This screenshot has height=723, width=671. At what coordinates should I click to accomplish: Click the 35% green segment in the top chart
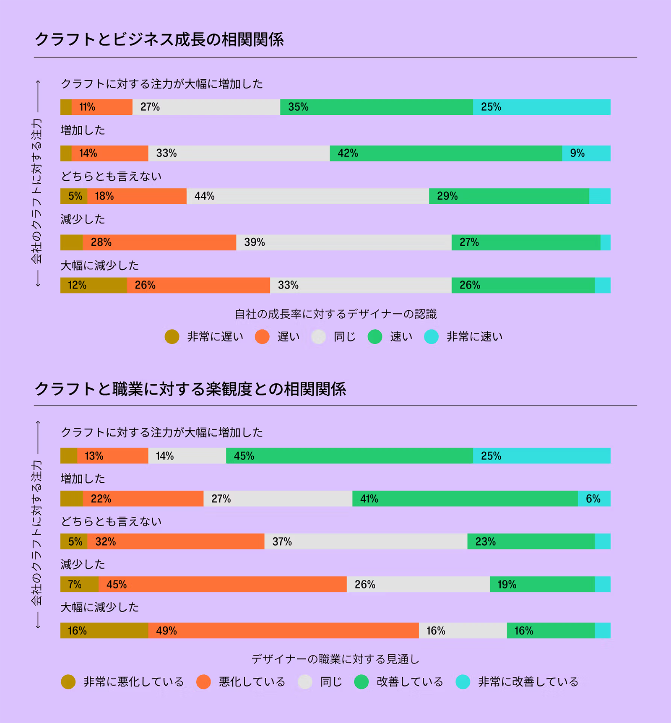pos(376,107)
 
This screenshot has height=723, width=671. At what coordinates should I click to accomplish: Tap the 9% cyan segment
pos(586,153)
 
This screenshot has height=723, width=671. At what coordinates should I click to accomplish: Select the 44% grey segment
pos(307,196)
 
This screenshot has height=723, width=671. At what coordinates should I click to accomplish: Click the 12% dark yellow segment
pos(93,285)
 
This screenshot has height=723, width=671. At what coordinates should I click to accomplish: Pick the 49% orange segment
pos(283,631)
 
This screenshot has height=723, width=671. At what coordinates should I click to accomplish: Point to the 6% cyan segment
pos(594,499)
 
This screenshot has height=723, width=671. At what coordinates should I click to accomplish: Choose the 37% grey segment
pos(366,541)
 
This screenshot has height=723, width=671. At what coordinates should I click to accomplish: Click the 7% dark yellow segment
pos(79,584)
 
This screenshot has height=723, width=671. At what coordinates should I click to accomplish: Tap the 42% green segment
pos(445,153)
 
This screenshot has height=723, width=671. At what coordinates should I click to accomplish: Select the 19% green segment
pos(542,584)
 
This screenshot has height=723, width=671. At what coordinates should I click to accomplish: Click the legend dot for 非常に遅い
pos(172,337)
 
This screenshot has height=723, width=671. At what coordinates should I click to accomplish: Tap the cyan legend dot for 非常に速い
pos(431,337)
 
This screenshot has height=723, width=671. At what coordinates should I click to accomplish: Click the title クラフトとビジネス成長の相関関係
pos(159,40)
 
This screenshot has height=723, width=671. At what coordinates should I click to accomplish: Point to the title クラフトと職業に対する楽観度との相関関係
pos(190,389)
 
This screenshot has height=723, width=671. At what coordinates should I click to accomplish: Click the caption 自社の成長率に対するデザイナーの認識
pos(335,314)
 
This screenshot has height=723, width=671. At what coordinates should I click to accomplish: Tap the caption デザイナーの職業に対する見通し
pos(335,659)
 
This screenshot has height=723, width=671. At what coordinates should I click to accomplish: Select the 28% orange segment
pos(159,242)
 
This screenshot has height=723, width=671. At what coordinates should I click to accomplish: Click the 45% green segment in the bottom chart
pos(349,456)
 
